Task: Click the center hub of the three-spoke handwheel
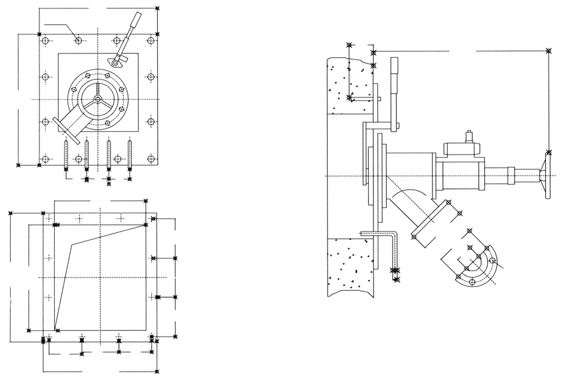pos(97,100)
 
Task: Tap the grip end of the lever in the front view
pos(136,21)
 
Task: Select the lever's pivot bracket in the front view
pos(115,61)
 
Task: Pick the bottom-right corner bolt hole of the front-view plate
pos(151,158)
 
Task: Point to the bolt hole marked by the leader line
pos(78,41)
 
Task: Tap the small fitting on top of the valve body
pos(469,137)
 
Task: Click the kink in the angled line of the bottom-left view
pos(71,244)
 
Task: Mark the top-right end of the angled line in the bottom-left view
pos(147,224)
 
